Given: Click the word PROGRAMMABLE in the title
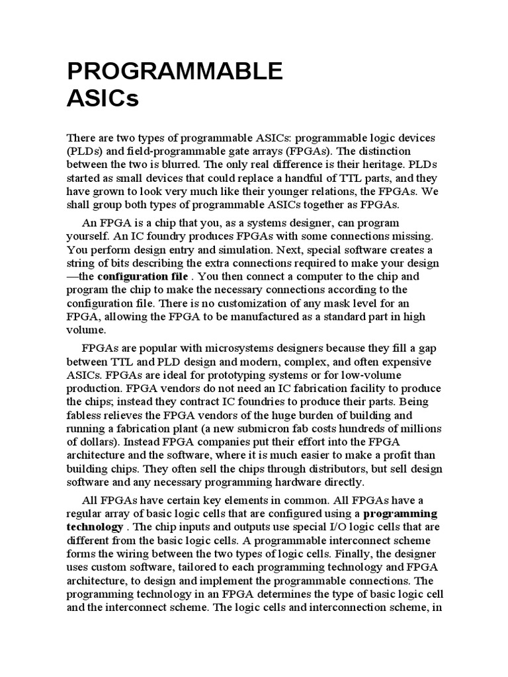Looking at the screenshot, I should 175,70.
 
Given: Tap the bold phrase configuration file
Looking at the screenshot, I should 142,276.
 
